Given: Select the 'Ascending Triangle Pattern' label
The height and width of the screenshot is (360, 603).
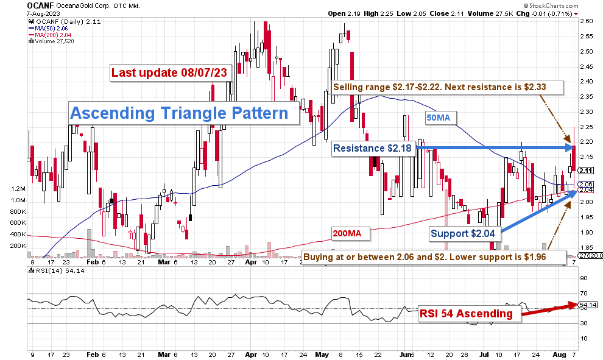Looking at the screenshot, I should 179,113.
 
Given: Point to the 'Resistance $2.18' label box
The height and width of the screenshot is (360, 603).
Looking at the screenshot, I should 373,148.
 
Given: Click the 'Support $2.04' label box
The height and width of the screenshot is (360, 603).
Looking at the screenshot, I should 466,233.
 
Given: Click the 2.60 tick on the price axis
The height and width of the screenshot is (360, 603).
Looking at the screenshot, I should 587,21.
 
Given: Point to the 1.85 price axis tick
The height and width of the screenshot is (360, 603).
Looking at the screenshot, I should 587,248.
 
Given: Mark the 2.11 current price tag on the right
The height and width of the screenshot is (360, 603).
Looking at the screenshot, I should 585,171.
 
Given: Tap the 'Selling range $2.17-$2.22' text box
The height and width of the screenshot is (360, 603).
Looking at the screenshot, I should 439,87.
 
